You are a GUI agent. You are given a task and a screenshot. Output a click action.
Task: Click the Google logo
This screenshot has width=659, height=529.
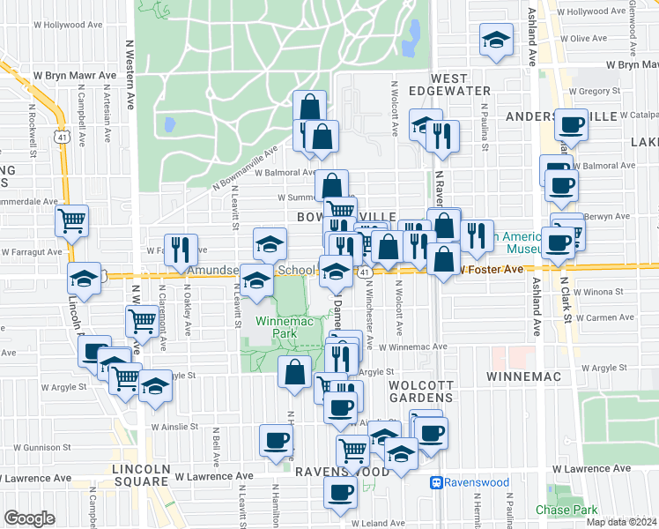click(x=29, y=518)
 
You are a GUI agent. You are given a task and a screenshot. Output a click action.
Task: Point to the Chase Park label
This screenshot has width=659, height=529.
click(x=566, y=510)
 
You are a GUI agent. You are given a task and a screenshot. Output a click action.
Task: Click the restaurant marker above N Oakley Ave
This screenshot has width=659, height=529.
click(x=181, y=250)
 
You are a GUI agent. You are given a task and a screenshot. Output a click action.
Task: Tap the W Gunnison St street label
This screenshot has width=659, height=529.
click(x=28, y=449)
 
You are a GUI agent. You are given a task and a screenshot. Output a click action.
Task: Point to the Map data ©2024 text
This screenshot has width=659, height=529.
click(x=620, y=522)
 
